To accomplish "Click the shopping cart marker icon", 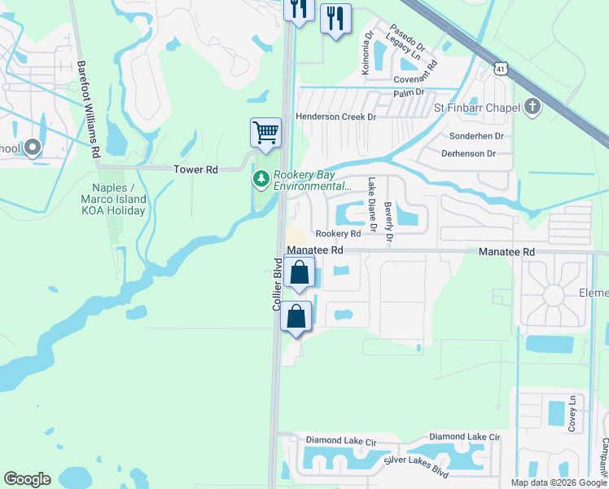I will [265, 132].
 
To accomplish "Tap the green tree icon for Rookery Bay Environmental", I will [261, 178].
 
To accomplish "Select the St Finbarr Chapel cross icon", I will [532, 108].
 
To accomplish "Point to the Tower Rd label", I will [196, 170].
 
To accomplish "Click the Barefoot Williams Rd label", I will [89, 108].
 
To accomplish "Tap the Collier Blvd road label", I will [277, 283].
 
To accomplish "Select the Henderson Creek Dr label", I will [335, 117].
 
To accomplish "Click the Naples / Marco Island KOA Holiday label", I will [113, 199].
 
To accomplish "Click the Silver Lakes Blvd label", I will [417, 467].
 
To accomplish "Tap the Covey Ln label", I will [572, 414].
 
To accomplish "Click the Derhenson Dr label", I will [468, 153].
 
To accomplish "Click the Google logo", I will [27, 479].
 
